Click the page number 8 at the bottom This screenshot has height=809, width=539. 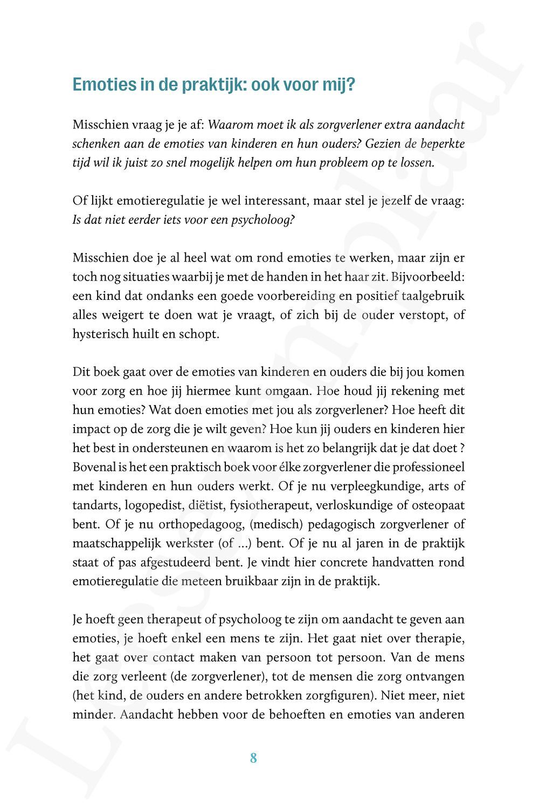point(253,758)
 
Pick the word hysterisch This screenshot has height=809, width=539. point(98,334)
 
